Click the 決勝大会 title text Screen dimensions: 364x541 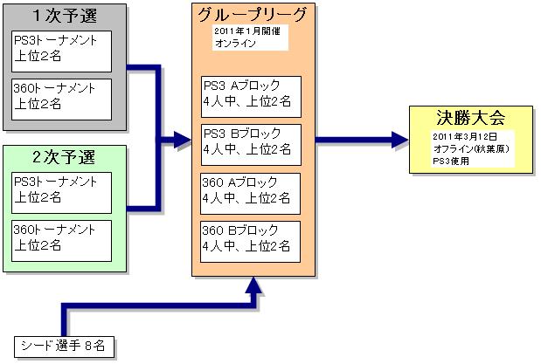(x=471, y=117)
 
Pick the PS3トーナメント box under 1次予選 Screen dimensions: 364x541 (x=62, y=51)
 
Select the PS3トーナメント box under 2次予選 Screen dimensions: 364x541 (x=62, y=193)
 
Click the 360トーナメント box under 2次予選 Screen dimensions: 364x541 (x=62, y=239)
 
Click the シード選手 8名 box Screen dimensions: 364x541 (x=66, y=347)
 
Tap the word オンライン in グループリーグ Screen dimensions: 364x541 (x=234, y=43)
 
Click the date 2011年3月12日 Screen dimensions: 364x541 (x=463, y=138)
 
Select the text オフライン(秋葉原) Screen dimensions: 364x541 (x=471, y=148)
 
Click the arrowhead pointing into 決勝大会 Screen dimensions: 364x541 (x=399, y=138)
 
